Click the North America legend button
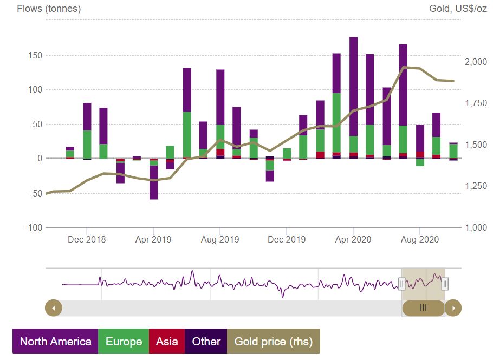[55, 342]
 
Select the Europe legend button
[124, 342]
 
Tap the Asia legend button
[167, 342]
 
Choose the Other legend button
[206, 342]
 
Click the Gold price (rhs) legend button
[273, 342]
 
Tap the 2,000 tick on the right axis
[476, 62]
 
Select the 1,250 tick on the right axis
[476, 186]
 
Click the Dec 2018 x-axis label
[87, 239]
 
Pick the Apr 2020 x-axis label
[353, 239]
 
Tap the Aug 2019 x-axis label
[220, 239]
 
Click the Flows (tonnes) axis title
[49, 9]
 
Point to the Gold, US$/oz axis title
[458, 9]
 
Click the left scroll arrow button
[53, 308]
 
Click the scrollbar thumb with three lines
[424, 308]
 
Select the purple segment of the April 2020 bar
[353, 87]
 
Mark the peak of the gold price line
[404, 67]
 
